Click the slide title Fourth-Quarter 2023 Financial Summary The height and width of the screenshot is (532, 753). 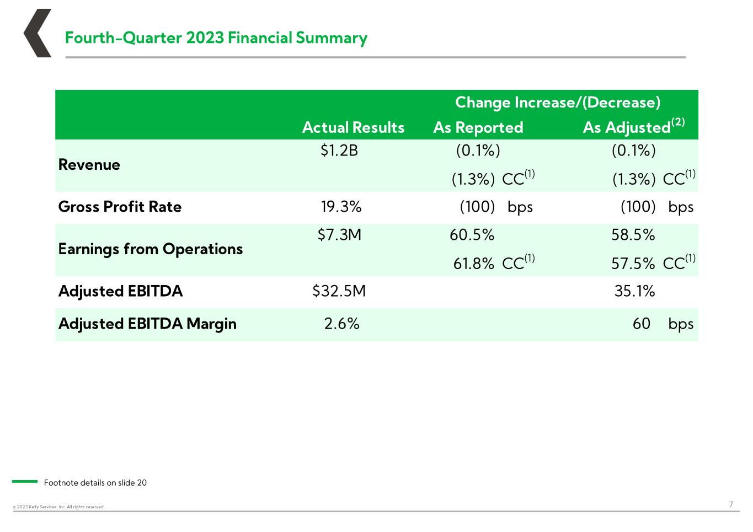[x=216, y=37]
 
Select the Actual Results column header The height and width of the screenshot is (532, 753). [x=353, y=127]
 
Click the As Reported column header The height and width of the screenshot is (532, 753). [x=478, y=128]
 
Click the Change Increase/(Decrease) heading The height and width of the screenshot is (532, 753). [x=558, y=103]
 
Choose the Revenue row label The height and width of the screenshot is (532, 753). [x=89, y=165]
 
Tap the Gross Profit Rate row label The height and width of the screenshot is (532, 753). [x=120, y=207]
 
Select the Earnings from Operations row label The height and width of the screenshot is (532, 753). [x=151, y=249]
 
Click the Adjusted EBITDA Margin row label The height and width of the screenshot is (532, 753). [x=148, y=324]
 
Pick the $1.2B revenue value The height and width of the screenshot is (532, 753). [x=339, y=150]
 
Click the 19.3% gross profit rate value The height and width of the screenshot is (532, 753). [x=341, y=207]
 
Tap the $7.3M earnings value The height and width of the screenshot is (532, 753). [x=339, y=234]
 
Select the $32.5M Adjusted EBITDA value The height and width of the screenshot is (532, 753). [x=339, y=291]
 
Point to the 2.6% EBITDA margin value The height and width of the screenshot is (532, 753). [x=341, y=324]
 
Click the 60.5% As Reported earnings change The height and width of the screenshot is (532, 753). [x=472, y=234]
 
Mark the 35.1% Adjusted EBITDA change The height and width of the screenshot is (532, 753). [x=634, y=291]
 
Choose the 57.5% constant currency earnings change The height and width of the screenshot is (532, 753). [x=633, y=264]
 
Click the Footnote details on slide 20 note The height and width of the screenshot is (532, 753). [x=95, y=482]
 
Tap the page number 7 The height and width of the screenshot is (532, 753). [x=731, y=504]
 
